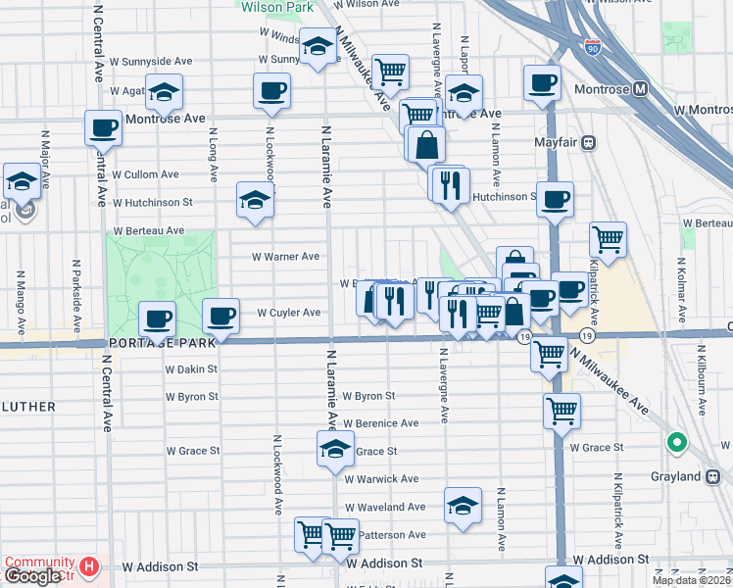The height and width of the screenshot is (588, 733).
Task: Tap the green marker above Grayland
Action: point(676,444)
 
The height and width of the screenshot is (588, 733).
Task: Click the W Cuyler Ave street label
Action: point(289,313)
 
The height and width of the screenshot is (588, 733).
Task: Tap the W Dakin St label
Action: point(189,370)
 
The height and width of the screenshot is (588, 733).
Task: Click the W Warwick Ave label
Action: point(381,479)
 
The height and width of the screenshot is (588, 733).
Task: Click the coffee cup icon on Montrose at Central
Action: point(102,127)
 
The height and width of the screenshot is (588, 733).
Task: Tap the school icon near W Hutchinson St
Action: point(255,200)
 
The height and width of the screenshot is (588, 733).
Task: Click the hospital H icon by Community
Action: point(89,566)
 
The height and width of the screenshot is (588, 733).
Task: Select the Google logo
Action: point(32,576)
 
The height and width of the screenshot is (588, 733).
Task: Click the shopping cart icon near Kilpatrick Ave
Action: point(608,238)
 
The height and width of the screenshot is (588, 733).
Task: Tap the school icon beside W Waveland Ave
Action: point(463,504)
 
